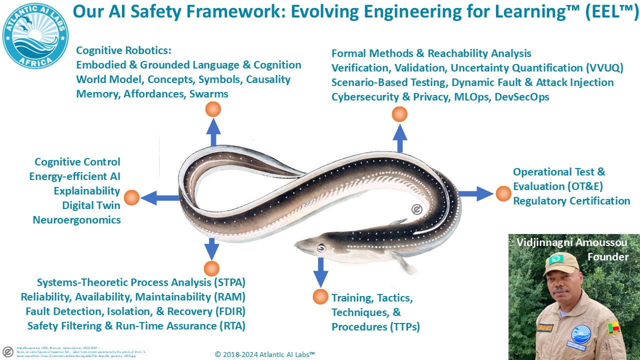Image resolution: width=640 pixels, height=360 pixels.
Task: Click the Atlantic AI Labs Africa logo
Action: pos(35,35)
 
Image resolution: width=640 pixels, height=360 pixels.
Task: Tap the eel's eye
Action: pos(321,247)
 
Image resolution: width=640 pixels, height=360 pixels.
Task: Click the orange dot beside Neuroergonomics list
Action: pos(131,198)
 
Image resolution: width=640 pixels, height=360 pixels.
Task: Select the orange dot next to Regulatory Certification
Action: pos(503,193)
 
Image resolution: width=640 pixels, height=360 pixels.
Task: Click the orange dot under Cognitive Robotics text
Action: pos(213,109)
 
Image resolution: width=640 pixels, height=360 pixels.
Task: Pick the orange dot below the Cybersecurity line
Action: pos(399,114)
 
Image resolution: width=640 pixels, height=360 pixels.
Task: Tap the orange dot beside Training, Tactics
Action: pos(320,296)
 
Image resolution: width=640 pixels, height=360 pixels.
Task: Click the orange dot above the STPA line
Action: pos(211,268)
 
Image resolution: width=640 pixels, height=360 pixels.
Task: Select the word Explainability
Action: pos(87,191)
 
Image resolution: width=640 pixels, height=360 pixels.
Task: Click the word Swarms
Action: pos(208,93)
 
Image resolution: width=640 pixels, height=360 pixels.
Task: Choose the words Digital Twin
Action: pos(91,205)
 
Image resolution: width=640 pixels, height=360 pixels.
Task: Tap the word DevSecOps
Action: pos(521,97)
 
